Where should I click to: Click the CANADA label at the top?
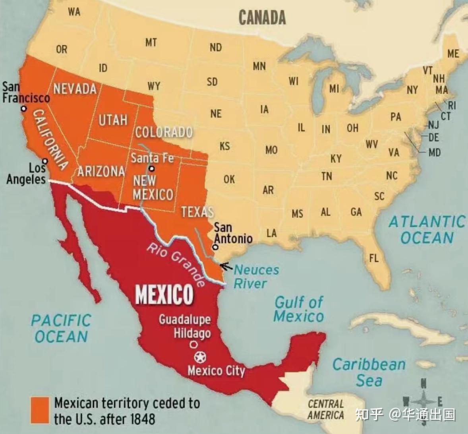pos(262,18)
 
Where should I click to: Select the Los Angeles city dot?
pos(45,161)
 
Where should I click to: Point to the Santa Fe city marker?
pos(151,169)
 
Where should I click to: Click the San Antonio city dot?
pos(215,247)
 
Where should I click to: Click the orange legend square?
pos(40,410)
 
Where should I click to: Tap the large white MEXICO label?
pos(164,294)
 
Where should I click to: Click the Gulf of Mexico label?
pos(299,309)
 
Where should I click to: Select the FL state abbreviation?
pos(373,258)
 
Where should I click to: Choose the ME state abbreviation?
pos(453,54)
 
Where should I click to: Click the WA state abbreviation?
pos(74,12)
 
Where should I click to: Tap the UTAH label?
pos(113,120)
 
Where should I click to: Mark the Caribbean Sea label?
pos(369,372)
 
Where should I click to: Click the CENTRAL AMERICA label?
pos(326,410)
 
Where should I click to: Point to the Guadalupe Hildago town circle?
pos(193,344)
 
